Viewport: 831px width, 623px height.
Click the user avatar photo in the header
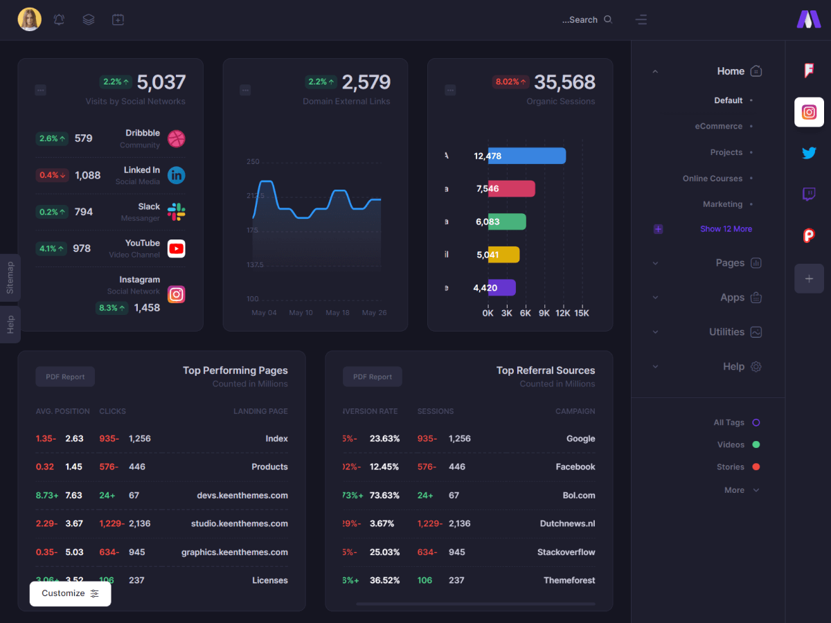(29, 19)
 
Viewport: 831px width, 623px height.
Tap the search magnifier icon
(608, 19)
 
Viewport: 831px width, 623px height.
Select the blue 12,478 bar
(526, 156)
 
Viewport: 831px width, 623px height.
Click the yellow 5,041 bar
(503, 255)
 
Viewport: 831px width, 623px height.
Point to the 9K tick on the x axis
(544, 313)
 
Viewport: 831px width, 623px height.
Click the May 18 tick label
(337, 313)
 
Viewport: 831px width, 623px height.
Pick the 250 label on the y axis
(253, 162)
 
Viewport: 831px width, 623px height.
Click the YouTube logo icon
(177, 249)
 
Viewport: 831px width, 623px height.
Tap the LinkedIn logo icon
(177, 175)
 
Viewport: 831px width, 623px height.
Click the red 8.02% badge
(510, 82)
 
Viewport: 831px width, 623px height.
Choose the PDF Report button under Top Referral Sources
(372, 377)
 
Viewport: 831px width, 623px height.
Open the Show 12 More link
(726, 229)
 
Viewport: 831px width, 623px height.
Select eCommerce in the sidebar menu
(719, 127)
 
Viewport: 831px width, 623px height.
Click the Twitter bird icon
(809, 153)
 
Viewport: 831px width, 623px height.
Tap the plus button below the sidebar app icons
(809, 278)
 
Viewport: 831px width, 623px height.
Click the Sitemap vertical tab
(10, 278)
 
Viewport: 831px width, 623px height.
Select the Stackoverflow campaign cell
(566, 552)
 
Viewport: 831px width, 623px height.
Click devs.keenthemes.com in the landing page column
(242, 496)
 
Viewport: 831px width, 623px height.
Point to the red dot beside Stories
(756, 467)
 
